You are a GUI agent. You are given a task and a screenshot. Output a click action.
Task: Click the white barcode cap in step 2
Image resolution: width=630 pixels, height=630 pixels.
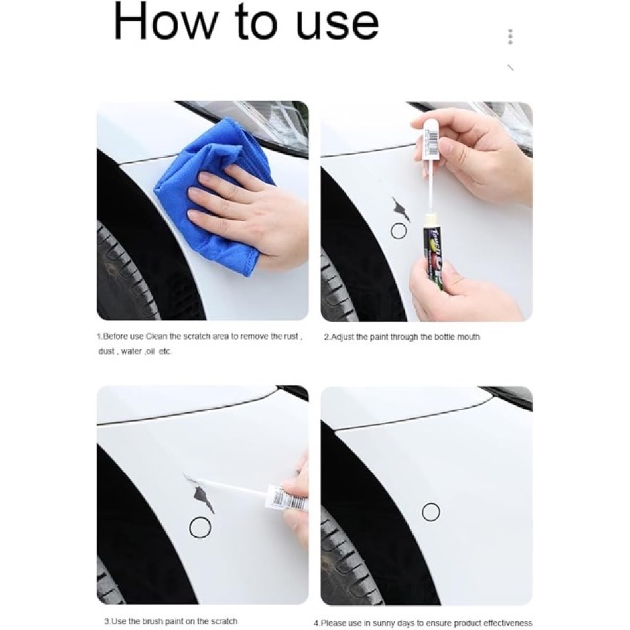(x=430, y=139)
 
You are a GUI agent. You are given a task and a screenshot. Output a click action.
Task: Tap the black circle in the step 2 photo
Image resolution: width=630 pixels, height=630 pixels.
(x=399, y=231)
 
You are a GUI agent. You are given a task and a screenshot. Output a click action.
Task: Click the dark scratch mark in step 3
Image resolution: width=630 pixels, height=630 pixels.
(x=204, y=497)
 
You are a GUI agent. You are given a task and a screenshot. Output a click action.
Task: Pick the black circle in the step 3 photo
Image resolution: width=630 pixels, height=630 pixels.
(x=200, y=528)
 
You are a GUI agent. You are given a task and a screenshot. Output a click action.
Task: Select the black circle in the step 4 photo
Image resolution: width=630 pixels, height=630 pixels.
(x=431, y=512)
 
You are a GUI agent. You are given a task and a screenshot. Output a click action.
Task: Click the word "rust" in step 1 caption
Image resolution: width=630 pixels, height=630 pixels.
(x=291, y=336)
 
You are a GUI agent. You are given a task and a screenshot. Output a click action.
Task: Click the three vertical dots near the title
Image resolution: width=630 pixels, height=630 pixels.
(x=510, y=36)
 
